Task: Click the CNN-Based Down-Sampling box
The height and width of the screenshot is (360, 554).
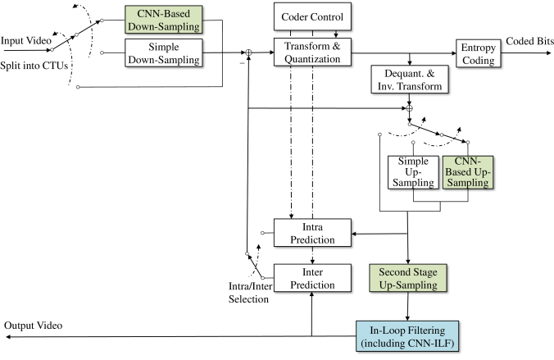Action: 164,20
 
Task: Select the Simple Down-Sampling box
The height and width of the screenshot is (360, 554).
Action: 164,53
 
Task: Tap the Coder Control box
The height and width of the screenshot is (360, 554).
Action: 312,16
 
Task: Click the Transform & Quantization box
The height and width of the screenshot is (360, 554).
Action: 312,52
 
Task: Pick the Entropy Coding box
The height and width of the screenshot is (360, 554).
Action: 479,53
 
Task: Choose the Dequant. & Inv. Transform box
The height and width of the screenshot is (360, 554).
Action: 410,80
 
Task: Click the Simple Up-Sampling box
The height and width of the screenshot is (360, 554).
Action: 413,172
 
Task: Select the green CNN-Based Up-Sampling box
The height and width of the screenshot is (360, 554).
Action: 468,172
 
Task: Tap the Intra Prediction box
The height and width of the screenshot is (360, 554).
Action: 312,233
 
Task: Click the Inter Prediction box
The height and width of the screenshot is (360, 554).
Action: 312,278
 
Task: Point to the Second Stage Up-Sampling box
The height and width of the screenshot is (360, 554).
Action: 408,278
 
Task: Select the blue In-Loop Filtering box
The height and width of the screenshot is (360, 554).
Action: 407,336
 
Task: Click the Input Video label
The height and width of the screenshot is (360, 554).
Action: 26,41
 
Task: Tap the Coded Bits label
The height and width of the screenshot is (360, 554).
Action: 529,41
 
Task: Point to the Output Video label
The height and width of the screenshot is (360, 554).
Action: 34,326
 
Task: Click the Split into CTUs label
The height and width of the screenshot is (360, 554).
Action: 34,66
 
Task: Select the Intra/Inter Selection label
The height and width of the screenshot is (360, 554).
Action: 250,293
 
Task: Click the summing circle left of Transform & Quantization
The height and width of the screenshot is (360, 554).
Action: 249,52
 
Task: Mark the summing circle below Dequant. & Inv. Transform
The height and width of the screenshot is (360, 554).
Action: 410,108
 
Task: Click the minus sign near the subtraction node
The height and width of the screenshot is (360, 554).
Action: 243,63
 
